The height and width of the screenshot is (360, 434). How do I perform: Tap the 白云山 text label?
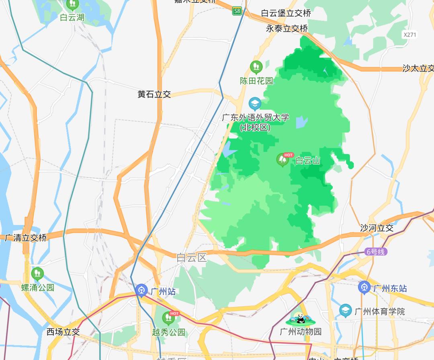coord(308,161)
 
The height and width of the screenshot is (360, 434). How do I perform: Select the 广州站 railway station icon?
coord(141,290)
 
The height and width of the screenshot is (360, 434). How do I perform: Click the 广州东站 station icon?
coord(364,288)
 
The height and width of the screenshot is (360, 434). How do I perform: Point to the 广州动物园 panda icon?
coord(301,319)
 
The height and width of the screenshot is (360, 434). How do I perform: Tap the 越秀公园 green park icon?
coord(168,319)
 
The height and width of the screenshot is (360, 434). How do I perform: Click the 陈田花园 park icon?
coord(256,67)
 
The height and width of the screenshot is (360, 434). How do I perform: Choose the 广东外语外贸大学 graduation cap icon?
coord(255,104)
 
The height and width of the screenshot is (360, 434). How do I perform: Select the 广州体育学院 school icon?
coord(345,311)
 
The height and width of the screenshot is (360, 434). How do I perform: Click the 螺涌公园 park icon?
coord(37,274)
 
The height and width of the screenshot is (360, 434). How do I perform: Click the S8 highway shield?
coord(237,11)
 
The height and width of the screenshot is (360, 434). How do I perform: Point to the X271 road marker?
coord(410,35)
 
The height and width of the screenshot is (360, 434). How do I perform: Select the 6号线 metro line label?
coord(376,252)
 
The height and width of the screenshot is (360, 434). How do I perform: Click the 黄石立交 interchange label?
coord(154,94)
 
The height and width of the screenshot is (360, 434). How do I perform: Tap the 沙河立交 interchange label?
coord(377,228)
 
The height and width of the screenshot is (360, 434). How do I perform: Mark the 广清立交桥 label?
coord(26,237)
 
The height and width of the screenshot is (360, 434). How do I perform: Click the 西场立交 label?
coord(63,332)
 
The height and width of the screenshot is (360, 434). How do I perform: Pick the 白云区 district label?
coord(192,258)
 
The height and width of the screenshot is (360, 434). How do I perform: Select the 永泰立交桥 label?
coord(287,29)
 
